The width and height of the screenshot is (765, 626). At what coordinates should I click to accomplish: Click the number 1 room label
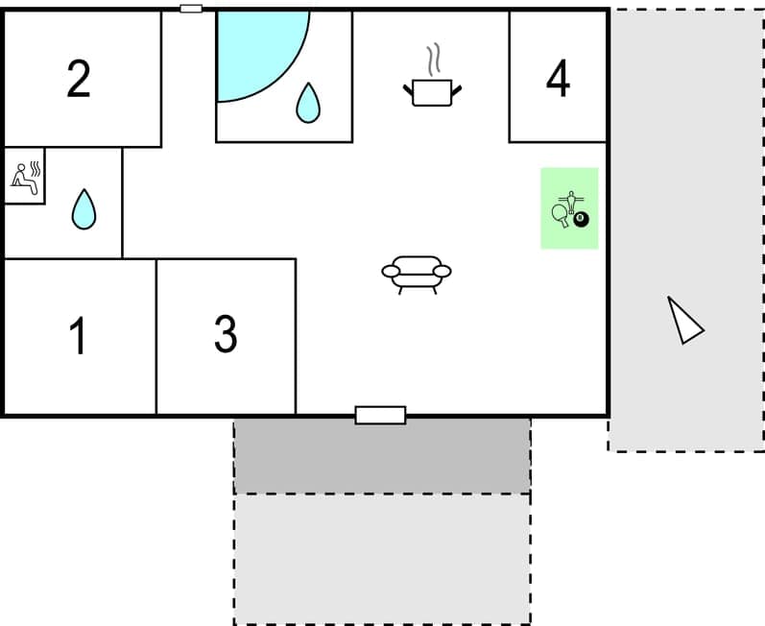click(79, 335)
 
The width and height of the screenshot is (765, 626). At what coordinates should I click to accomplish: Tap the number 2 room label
click(79, 79)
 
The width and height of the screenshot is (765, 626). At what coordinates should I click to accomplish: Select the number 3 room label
click(226, 333)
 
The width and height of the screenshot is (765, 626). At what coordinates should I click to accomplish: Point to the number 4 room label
click(558, 79)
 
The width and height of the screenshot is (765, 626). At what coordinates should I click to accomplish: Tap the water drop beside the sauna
click(84, 208)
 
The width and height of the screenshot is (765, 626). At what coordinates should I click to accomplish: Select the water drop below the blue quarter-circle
click(307, 103)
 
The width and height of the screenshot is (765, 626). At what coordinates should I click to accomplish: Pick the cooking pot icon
click(432, 92)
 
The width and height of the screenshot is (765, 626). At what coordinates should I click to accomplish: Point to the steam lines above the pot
click(435, 60)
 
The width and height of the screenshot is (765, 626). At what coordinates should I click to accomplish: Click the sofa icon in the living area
click(417, 273)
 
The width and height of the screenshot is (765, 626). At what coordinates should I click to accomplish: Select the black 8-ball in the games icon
click(581, 219)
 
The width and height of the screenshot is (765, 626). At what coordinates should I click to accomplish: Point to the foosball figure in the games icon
click(571, 199)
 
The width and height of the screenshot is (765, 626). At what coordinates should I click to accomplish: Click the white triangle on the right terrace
click(684, 322)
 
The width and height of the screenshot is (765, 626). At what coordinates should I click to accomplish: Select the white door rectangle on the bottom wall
click(380, 415)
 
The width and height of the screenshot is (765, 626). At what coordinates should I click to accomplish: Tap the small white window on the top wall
click(191, 9)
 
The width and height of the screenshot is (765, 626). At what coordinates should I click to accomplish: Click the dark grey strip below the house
click(382, 456)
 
